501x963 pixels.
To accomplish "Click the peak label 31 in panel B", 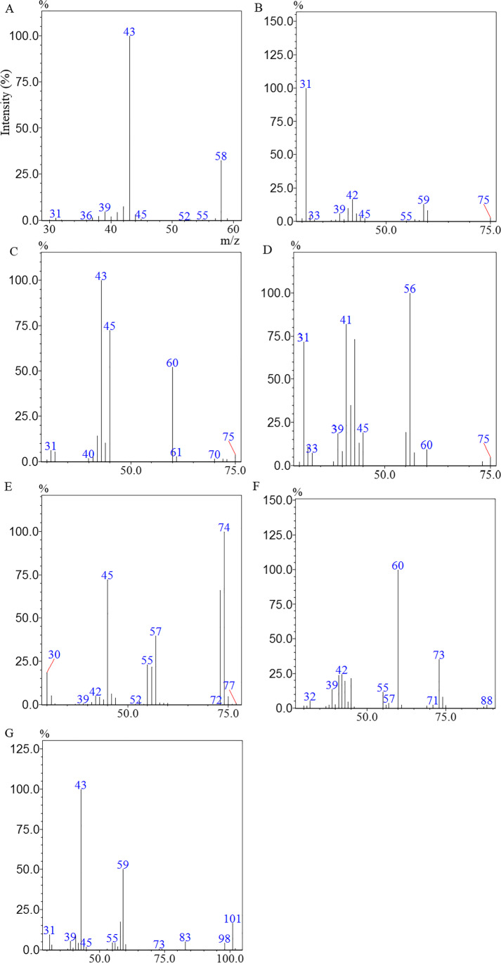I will click(x=306, y=84).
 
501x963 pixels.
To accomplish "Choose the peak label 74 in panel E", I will click(x=224, y=527).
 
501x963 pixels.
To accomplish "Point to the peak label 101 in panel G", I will click(x=233, y=918).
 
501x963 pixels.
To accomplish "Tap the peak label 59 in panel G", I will click(x=123, y=865).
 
